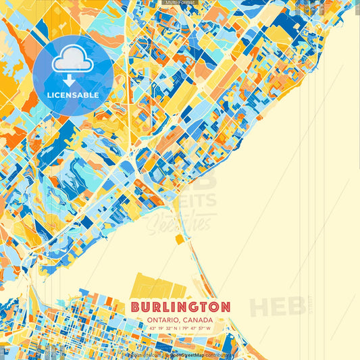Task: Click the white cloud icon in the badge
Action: (x=72, y=61)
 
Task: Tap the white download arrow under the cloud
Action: (x=72, y=80)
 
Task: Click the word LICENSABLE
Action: (x=72, y=95)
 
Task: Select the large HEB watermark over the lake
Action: (x=277, y=307)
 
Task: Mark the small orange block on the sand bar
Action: (x=179, y=238)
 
